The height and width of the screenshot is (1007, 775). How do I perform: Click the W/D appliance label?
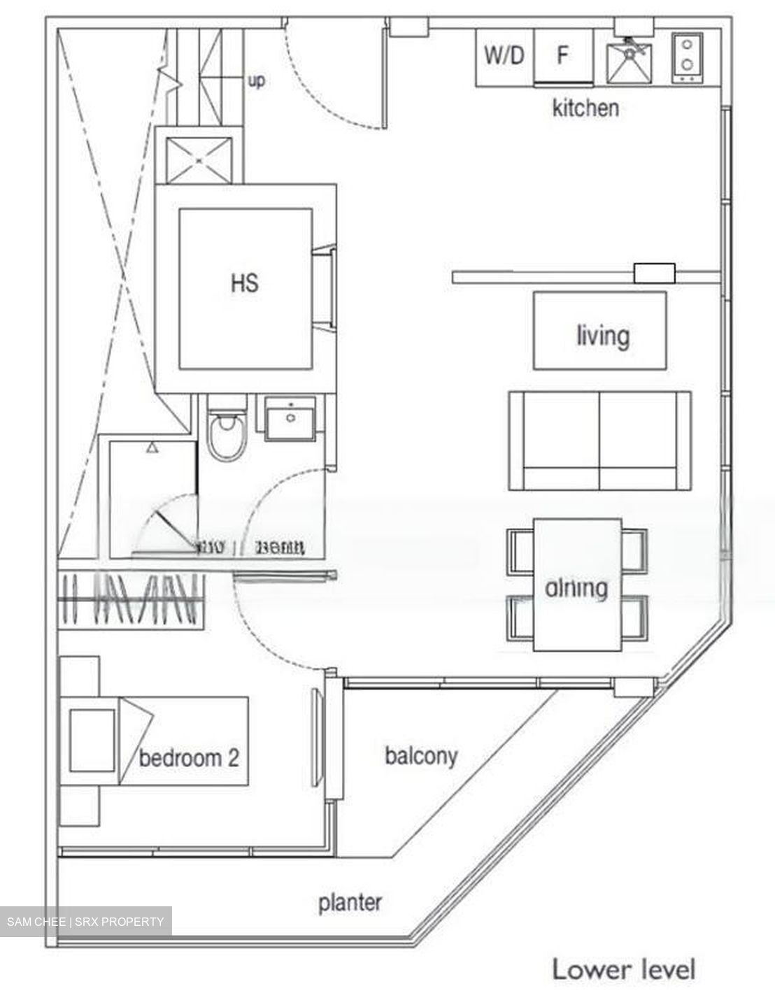click(504, 55)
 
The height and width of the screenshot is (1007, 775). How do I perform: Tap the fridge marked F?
click(562, 56)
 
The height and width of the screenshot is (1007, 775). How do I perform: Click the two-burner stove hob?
click(687, 57)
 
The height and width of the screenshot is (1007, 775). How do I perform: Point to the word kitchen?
click(585, 108)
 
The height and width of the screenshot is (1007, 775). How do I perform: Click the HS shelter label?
click(244, 283)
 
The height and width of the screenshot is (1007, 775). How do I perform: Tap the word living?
click(602, 336)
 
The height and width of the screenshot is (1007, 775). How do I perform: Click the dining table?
click(577, 585)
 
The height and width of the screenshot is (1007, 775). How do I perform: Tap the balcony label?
click(421, 756)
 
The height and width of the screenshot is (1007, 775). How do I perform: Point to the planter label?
click(350, 902)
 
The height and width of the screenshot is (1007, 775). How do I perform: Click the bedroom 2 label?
click(189, 757)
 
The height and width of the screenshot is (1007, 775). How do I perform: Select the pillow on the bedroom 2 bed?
click(92, 741)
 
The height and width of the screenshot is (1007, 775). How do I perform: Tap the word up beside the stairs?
click(257, 81)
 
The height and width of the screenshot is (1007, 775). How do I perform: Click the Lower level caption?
click(624, 970)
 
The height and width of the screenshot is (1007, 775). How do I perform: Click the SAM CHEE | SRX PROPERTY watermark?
click(85, 922)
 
